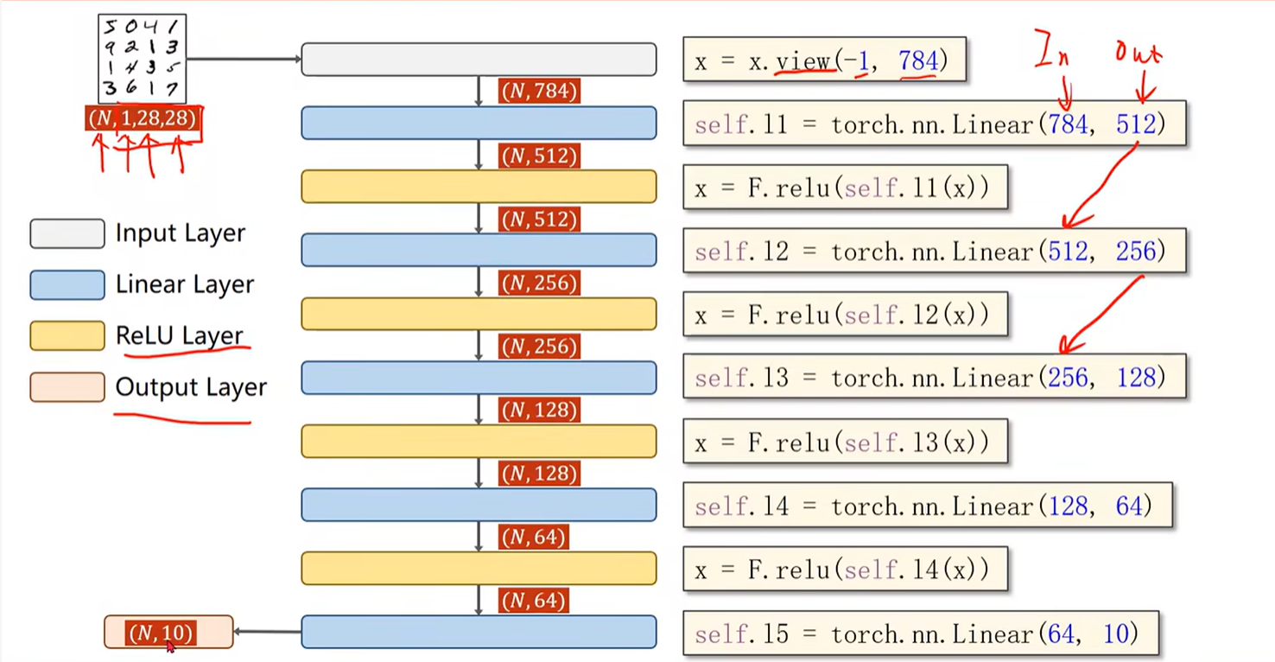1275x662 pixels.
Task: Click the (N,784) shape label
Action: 539,92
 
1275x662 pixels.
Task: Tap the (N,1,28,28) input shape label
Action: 143,118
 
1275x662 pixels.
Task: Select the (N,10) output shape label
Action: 162,633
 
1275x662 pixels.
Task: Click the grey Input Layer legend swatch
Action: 67,233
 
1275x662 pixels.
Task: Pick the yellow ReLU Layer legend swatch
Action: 67,336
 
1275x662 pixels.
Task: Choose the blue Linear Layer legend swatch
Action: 67,284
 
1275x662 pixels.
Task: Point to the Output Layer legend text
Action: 191,387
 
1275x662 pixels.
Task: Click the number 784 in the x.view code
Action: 917,60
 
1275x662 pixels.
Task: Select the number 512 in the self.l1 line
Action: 1135,124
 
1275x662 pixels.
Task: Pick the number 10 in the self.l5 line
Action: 1115,633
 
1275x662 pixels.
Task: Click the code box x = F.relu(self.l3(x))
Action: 845,442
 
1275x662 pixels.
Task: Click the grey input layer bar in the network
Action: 479,60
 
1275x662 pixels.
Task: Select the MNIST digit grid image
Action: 142,59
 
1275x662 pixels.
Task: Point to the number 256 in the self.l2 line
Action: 1135,251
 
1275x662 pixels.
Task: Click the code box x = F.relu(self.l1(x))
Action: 845,188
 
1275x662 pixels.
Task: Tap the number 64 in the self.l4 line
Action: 1129,506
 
